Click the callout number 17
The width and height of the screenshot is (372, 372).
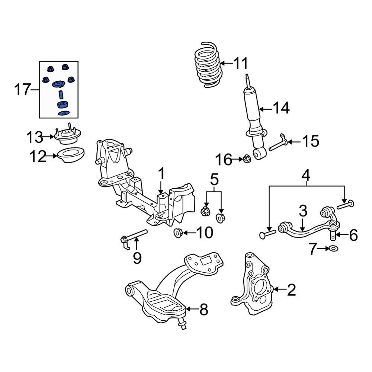coord(22,90)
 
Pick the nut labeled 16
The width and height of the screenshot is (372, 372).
coord(246,160)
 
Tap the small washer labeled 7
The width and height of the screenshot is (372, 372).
coord(333,248)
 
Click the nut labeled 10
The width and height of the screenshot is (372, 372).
coord(178,233)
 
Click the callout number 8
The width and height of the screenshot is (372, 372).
coord(203,310)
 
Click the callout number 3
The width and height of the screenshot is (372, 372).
coord(303,212)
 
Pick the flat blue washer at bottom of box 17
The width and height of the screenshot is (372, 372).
coord(64,113)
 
